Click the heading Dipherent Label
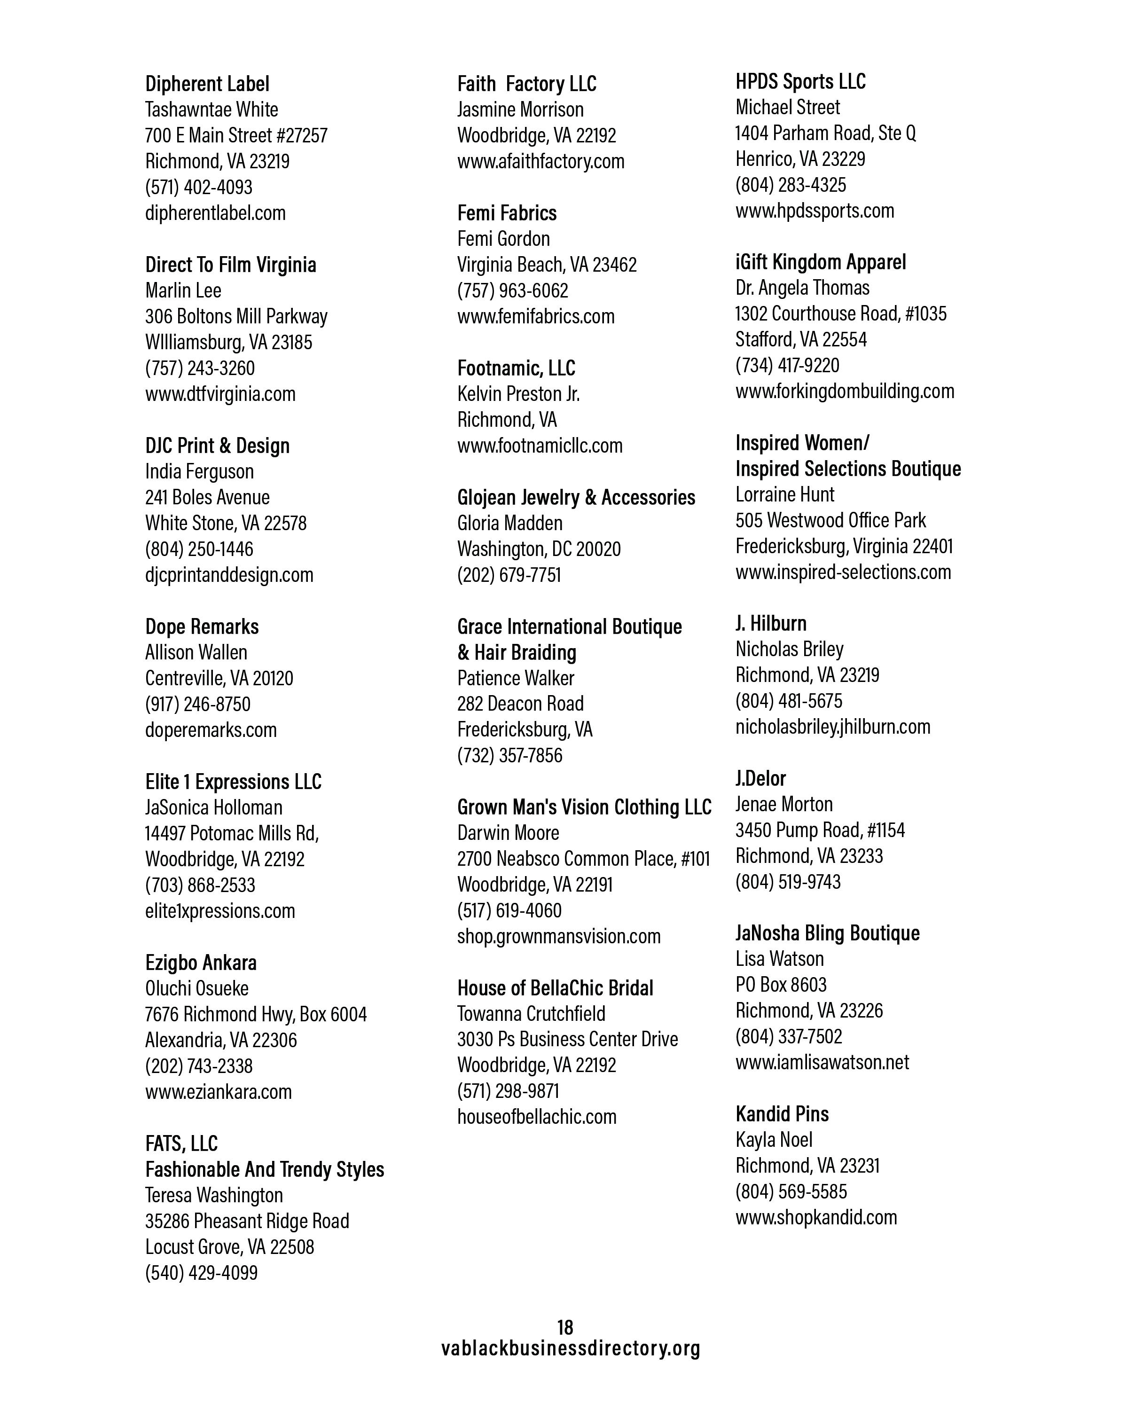coord(207,84)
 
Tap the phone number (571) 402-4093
coord(198,187)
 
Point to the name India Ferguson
coord(199,471)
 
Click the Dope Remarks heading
coord(202,627)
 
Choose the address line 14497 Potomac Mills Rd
coord(232,833)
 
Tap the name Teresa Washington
coord(214,1195)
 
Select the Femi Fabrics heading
coord(507,213)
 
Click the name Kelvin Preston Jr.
coord(518,394)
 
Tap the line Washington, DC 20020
coord(539,548)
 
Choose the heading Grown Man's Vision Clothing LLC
coord(584,807)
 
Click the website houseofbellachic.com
coord(536,1116)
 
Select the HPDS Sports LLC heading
coord(800,82)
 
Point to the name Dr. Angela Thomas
coord(802,288)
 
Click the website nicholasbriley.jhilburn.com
coord(832,727)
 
